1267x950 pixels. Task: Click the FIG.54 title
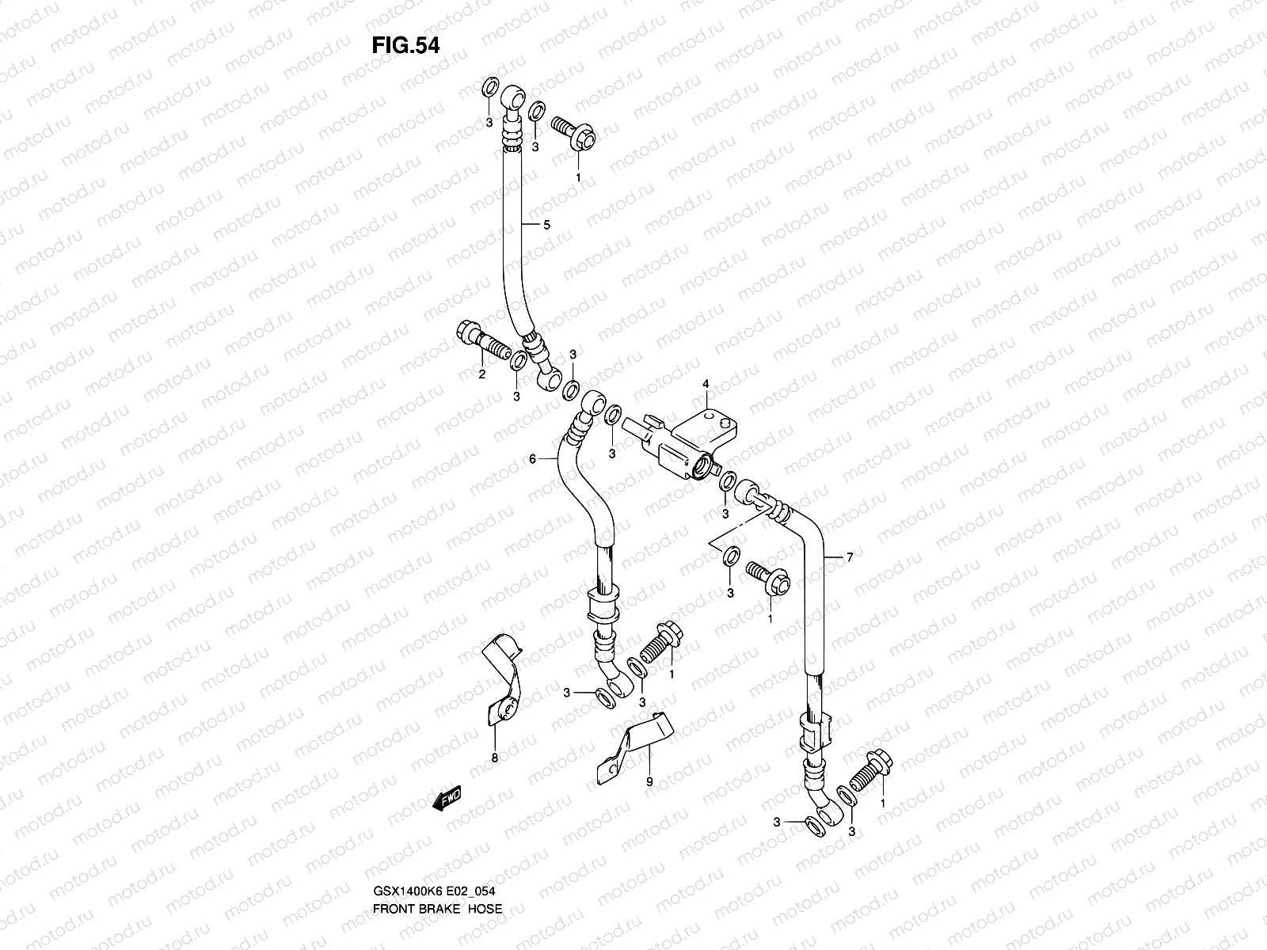(405, 46)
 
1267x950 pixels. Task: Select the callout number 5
(546, 225)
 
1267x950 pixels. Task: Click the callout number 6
(533, 458)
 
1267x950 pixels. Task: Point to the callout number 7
(850, 558)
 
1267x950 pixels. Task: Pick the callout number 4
(706, 384)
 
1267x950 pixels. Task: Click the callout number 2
(481, 374)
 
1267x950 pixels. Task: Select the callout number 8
(495, 758)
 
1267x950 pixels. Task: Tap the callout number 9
(649, 781)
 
